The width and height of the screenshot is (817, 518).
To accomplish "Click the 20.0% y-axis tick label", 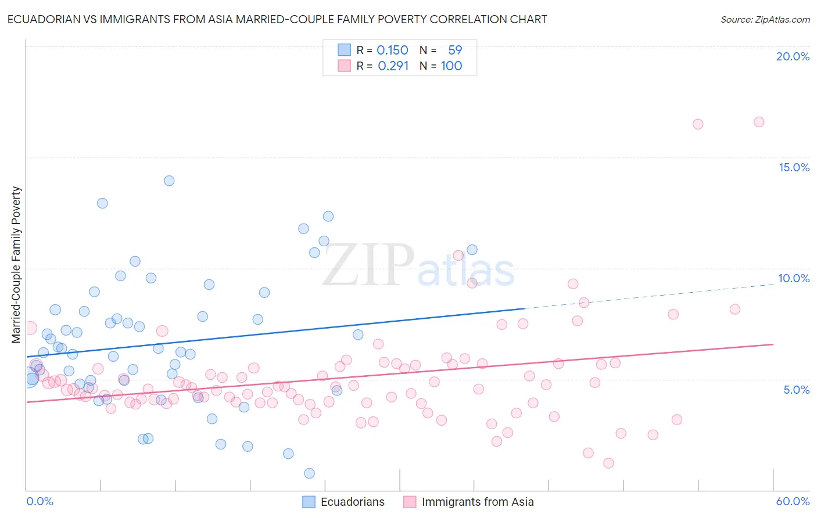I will coord(793,56).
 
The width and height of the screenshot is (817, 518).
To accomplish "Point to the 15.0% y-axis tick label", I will coord(794,167).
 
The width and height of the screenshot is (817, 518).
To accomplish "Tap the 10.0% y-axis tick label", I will coord(794,278).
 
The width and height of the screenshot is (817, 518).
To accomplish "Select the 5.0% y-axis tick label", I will coord(796,390).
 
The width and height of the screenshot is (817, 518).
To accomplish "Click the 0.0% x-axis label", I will coord(40,501).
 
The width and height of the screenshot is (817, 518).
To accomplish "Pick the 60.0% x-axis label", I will coord(793,501).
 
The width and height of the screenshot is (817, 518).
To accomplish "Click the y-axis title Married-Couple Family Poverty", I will coord(16,265).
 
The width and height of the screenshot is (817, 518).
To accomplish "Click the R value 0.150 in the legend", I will coord(392,50).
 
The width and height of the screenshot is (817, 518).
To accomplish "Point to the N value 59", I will coord(454,50).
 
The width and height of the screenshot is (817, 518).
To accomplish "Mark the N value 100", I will coord(451,66).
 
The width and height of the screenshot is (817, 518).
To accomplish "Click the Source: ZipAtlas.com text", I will coord(765,20).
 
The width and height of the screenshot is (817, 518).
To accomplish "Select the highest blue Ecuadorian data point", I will coord(169,181).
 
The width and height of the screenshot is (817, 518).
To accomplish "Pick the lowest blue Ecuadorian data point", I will coord(309,473).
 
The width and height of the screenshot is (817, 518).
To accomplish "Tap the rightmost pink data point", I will coord(759,122).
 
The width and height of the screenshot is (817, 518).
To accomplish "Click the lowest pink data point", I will coord(608,463).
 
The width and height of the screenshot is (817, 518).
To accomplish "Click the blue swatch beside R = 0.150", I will coord(344,50).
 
